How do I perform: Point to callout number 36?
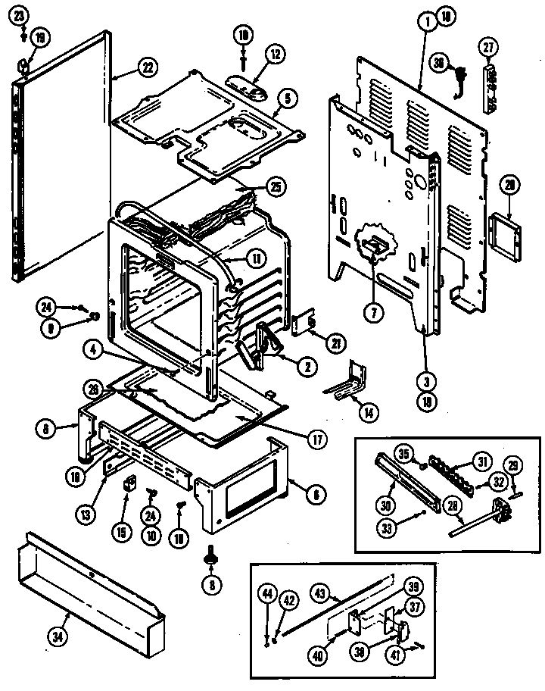pyautogui.click(x=437, y=64)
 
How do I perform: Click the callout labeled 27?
pyautogui.click(x=487, y=48)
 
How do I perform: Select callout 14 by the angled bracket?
pyautogui.click(x=369, y=413)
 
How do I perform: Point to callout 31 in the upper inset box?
pyautogui.click(x=481, y=459)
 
